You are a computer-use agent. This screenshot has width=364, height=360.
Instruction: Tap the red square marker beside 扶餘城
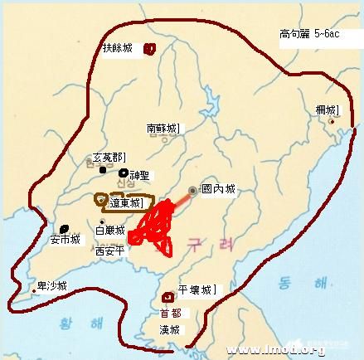[x=150, y=48]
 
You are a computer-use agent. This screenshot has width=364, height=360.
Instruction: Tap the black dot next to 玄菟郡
[x=103, y=171]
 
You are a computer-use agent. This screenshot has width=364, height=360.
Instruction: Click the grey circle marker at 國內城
[x=192, y=190]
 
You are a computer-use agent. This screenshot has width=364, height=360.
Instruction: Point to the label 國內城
[x=218, y=189]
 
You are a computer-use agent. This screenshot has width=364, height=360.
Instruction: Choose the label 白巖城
[x=110, y=230]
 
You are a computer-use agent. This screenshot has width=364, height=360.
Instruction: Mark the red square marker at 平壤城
[x=171, y=294]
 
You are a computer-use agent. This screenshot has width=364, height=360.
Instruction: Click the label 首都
[x=170, y=313]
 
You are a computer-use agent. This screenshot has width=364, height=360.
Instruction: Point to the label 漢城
[x=170, y=329]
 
